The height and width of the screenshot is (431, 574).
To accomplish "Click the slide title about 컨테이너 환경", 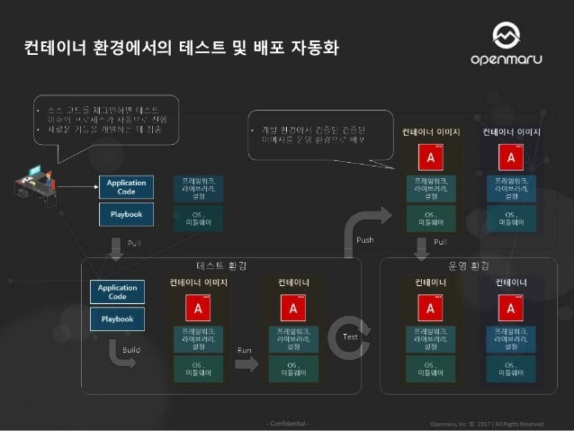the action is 180,44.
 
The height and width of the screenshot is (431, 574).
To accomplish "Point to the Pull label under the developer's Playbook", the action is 132,243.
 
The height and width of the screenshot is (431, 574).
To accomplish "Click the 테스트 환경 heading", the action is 221,265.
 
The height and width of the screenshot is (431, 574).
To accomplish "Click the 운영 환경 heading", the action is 468,265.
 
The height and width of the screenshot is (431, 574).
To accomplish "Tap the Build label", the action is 130,346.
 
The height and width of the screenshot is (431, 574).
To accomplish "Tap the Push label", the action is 364,241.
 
